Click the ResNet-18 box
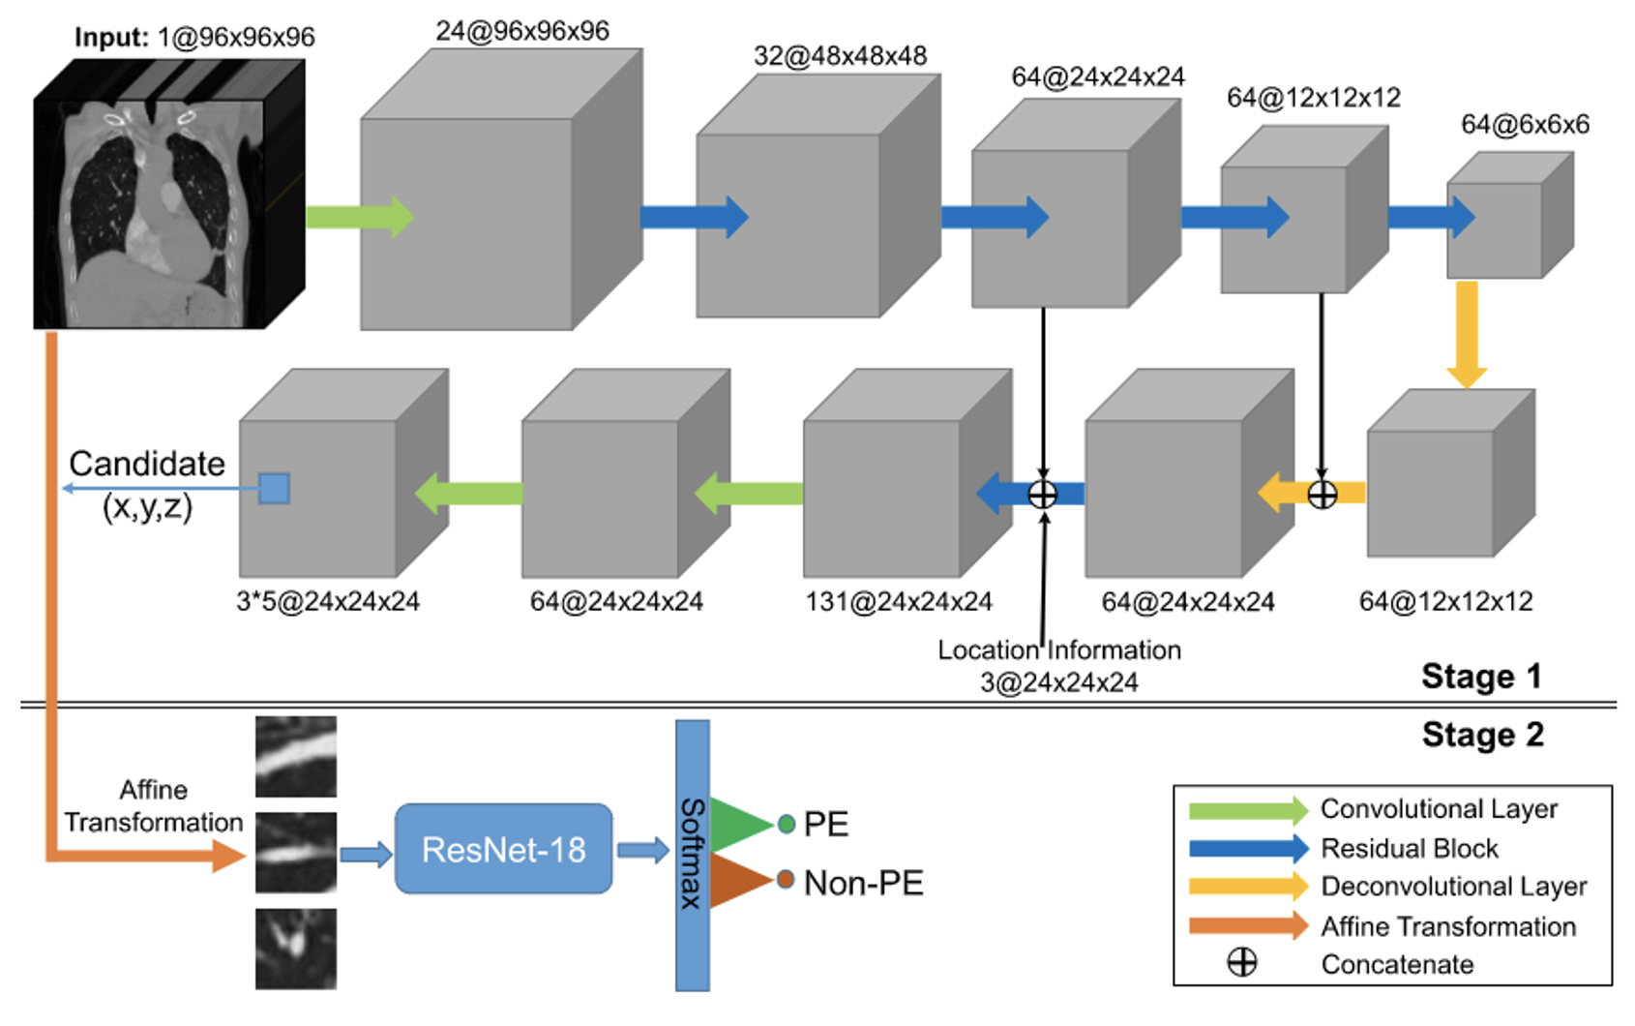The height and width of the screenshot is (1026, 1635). (x=503, y=849)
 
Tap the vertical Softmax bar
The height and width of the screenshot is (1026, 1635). (x=692, y=855)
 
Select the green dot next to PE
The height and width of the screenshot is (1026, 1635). (x=787, y=824)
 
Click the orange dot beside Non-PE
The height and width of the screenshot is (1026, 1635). (x=786, y=879)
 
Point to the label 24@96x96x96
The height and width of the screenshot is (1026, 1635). (x=522, y=31)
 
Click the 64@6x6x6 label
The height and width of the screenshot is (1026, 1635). (x=1525, y=124)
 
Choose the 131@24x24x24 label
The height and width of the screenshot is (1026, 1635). (x=899, y=602)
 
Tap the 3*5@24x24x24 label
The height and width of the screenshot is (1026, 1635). (x=328, y=602)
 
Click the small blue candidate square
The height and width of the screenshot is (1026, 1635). (x=275, y=488)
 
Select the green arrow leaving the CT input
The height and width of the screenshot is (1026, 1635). (x=359, y=216)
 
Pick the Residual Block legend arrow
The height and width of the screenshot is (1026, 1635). (x=1248, y=849)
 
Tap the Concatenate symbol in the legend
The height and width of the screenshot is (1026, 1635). (x=1242, y=962)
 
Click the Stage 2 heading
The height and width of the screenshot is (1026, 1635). (x=1482, y=736)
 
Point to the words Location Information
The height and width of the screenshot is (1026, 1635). (x=1059, y=649)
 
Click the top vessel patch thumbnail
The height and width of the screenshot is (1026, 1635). (x=296, y=757)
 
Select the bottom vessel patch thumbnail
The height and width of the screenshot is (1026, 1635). (x=296, y=949)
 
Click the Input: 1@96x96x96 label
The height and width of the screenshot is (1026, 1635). (x=194, y=37)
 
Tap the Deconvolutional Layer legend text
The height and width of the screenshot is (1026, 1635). (x=1454, y=887)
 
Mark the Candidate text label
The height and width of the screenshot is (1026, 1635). (x=147, y=464)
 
